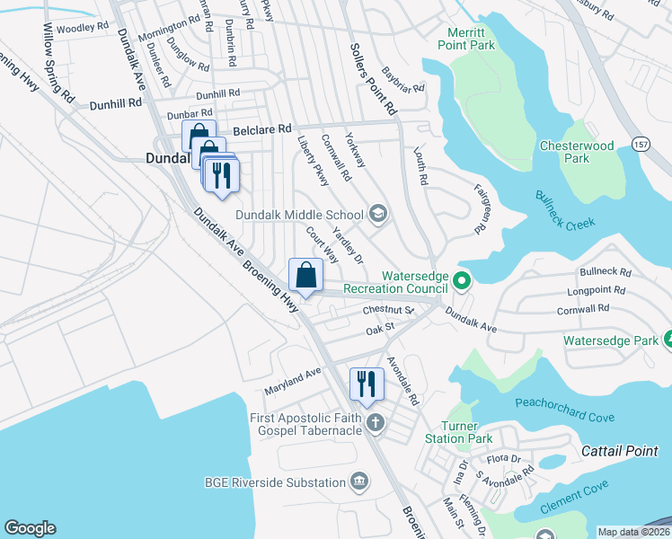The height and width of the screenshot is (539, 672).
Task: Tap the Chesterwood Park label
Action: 576,152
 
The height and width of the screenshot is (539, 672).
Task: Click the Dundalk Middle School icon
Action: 378,214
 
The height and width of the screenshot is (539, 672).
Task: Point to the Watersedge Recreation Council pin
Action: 461,282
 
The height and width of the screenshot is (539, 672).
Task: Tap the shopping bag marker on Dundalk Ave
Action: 305,274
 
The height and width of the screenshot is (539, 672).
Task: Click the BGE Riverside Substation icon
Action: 360,482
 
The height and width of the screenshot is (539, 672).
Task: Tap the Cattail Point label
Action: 619,450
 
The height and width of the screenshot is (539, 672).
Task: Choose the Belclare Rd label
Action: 262,130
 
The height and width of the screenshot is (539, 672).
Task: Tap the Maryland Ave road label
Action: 292,381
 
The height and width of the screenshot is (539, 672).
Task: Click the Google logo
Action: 30,528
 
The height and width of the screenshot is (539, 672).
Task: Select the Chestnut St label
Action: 387,310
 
